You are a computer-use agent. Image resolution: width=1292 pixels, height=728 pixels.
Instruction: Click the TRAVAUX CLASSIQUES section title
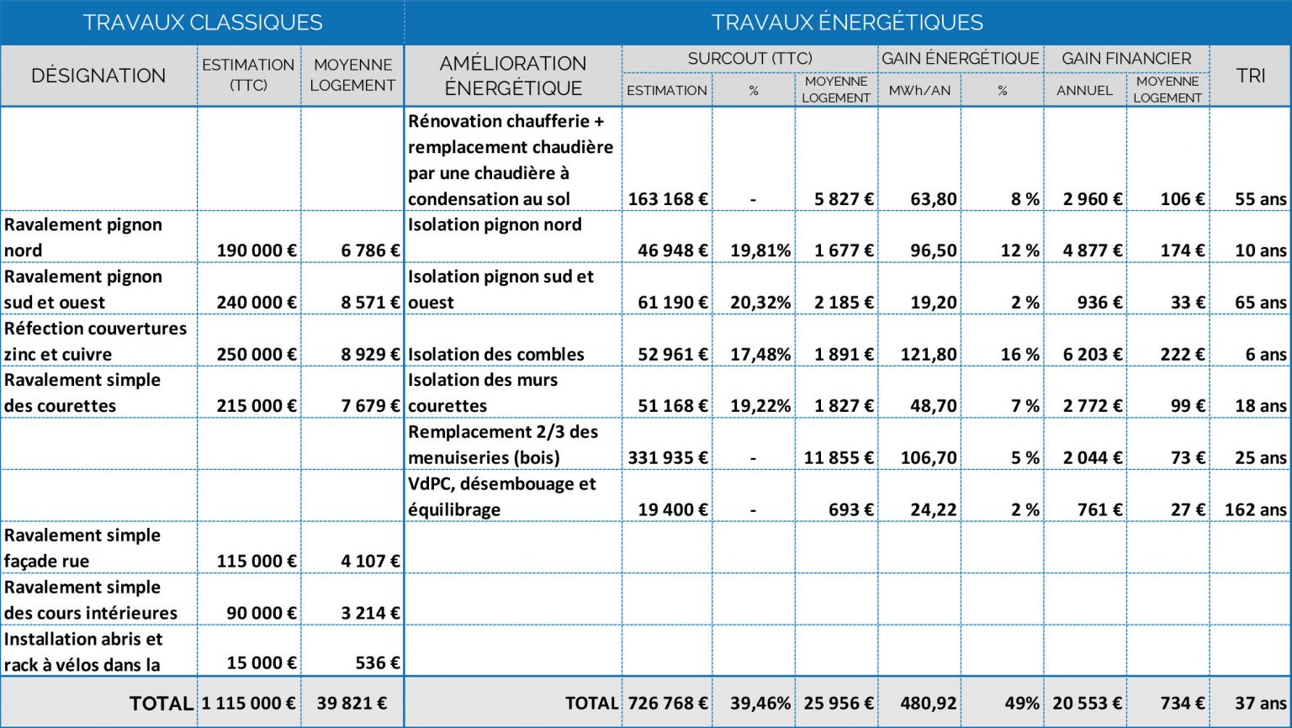203,23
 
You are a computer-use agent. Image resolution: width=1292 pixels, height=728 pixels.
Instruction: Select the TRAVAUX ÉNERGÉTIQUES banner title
847,23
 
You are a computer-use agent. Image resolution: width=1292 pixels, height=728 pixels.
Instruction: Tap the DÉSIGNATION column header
98,76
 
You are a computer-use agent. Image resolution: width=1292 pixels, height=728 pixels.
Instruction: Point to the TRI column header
1251,76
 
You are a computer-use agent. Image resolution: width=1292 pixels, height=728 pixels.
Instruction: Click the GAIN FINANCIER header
1126,59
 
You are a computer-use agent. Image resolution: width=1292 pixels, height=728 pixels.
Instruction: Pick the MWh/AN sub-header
919,91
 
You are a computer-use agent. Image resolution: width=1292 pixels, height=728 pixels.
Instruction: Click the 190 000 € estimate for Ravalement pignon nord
257,251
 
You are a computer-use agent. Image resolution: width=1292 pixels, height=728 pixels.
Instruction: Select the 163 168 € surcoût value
668,199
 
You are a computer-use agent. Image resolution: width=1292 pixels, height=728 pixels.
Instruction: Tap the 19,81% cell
760,251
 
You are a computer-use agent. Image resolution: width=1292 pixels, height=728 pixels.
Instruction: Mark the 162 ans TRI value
1255,509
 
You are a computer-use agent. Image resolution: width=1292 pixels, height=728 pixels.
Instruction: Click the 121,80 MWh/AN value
929,355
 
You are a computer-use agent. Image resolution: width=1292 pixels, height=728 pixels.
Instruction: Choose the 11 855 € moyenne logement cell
839,458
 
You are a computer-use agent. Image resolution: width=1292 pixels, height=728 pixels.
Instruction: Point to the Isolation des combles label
496,355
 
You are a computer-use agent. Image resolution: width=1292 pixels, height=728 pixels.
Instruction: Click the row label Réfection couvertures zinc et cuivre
95,341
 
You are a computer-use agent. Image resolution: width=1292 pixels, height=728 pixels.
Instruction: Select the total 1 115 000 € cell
249,704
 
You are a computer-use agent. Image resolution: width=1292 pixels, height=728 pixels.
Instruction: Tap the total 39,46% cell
760,704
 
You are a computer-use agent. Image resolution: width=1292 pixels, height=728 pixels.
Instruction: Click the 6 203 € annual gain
1093,355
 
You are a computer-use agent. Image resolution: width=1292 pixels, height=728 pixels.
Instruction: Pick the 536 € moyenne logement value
377,663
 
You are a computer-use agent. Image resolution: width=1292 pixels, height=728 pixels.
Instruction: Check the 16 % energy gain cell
1019,355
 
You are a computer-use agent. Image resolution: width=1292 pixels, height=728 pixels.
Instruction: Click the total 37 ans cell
1260,704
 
